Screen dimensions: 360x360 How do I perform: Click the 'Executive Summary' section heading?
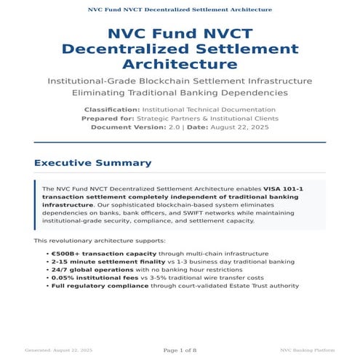pyautogui.click(x=93, y=163)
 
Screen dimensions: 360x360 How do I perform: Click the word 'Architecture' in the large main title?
pyautogui.click(x=180, y=64)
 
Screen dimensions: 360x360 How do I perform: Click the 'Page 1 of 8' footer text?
pyautogui.click(x=180, y=351)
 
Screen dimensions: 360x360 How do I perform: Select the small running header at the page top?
pyautogui.click(x=180, y=10)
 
